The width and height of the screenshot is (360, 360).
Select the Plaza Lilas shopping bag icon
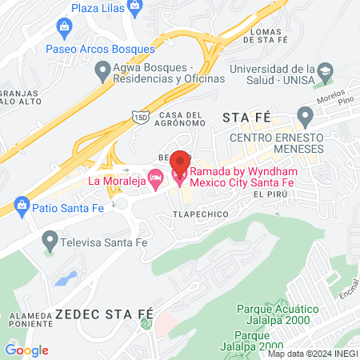pyautogui.click(x=134, y=9)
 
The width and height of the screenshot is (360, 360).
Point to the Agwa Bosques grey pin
pyautogui.click(x=102, y=72)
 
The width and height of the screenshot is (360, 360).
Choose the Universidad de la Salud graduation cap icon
pyautogui.click(x=326, y=73)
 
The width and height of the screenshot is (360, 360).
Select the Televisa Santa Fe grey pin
pyautogui.click(x=50, y=238)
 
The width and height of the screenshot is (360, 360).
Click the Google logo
pyautogui.click(x=26, y=350)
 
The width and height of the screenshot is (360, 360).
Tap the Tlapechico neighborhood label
pyautogui.click(x=200, y=214)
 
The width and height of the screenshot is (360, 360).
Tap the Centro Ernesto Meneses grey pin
pyautogui.click(x=305, y=114)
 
